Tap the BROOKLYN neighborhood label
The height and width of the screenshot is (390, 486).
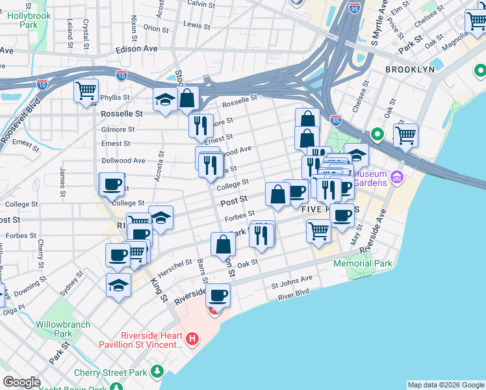(x=409, y=70)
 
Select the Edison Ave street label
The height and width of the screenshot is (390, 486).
(x=136, y=49)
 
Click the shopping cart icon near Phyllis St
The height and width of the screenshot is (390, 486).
(x=86, y=91)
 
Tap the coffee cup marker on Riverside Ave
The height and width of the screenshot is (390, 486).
(x=218, y=296)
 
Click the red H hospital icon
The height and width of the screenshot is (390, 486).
(x=192, y=339)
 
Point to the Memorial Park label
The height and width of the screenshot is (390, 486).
(x=363, y=263)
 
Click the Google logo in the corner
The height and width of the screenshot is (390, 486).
(x=21, y=382)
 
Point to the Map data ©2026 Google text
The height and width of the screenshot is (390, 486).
(x=446, y=385)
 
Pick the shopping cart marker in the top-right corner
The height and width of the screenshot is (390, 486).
(x=476, y=21)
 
